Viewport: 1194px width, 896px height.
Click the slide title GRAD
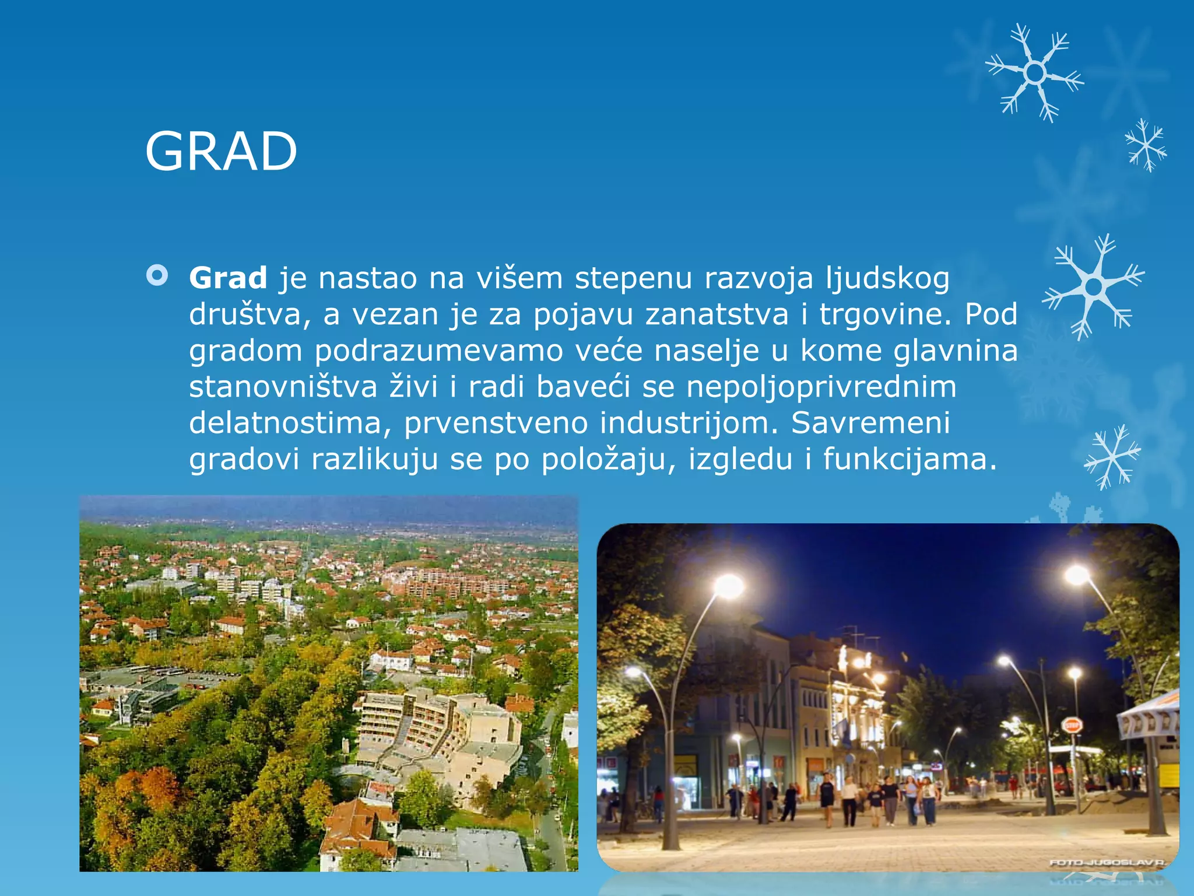[x=221, y=151]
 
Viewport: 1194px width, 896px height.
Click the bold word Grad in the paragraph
[x=228, y=278]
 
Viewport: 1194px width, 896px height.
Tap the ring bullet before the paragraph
[x=157, y=275]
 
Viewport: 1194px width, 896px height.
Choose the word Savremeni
[x=870, y=423]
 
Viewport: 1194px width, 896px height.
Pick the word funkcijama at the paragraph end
[x=909, y=459]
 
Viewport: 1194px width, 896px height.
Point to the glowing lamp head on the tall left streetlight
[x=729, y=586]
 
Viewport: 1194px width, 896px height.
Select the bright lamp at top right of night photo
[x=1077, y=575]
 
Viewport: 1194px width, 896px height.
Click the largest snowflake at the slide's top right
[x=1035, y=73]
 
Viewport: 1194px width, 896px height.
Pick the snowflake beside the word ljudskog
[x=1094, y=286]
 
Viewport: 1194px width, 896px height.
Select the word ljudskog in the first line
[x=887, y=279]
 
